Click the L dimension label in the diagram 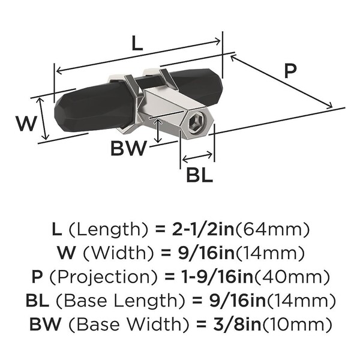[x=137, y=43]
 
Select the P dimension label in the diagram [x=290, y=71]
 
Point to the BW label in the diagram [x=129, y=148]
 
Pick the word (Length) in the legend [x=108, y=229]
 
